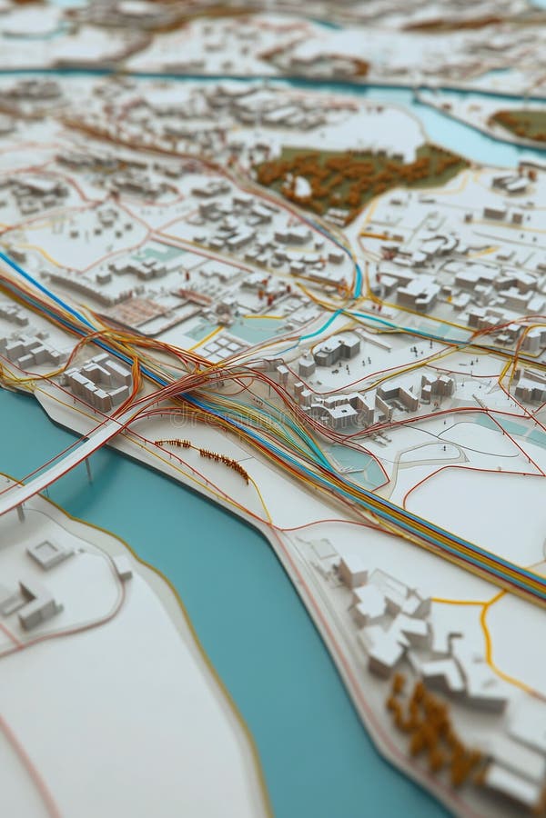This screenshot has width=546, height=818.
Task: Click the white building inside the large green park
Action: [300, 187]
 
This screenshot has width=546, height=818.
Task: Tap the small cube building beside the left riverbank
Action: [122, 567]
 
